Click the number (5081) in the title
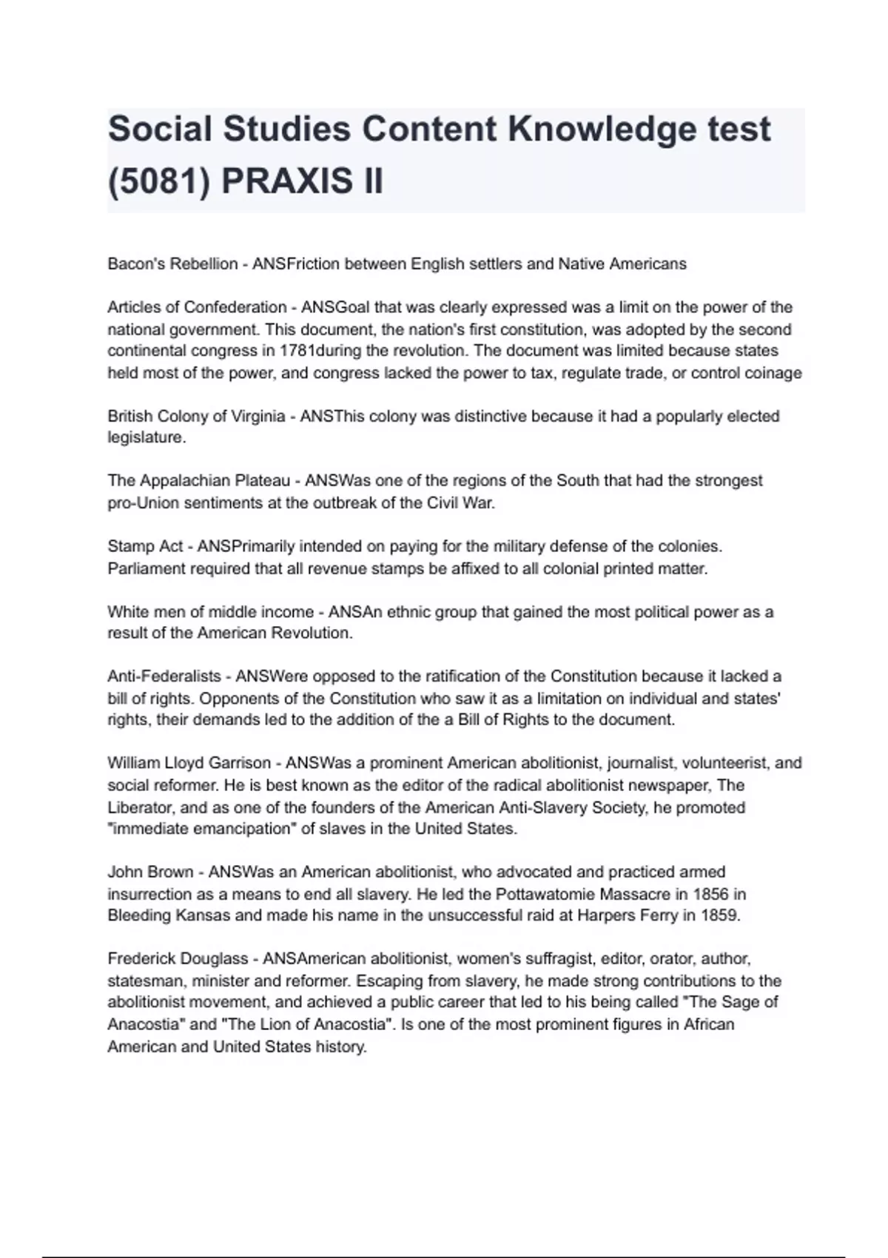[159, 181]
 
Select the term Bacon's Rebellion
[172, 264]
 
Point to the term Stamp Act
[145, 547]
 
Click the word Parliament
[147, 569]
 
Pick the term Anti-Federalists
[164, 676]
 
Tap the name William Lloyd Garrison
[189, 763]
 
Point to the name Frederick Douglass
[178, 959]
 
